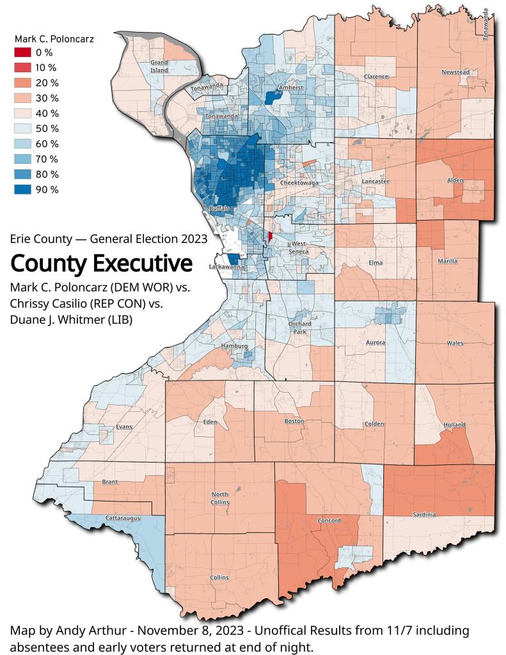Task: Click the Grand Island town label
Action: point(159,66)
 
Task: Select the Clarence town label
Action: point(376,77)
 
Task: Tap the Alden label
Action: point(455,181)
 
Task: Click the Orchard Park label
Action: point(299,327)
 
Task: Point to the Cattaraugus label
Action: point(122,517)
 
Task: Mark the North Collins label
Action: point(220,498)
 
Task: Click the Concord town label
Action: point(329,520)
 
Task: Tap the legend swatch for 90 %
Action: point(23,189)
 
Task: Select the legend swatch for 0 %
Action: point(23,52)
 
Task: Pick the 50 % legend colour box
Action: point(23,129)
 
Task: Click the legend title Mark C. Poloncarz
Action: point(54,39)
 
